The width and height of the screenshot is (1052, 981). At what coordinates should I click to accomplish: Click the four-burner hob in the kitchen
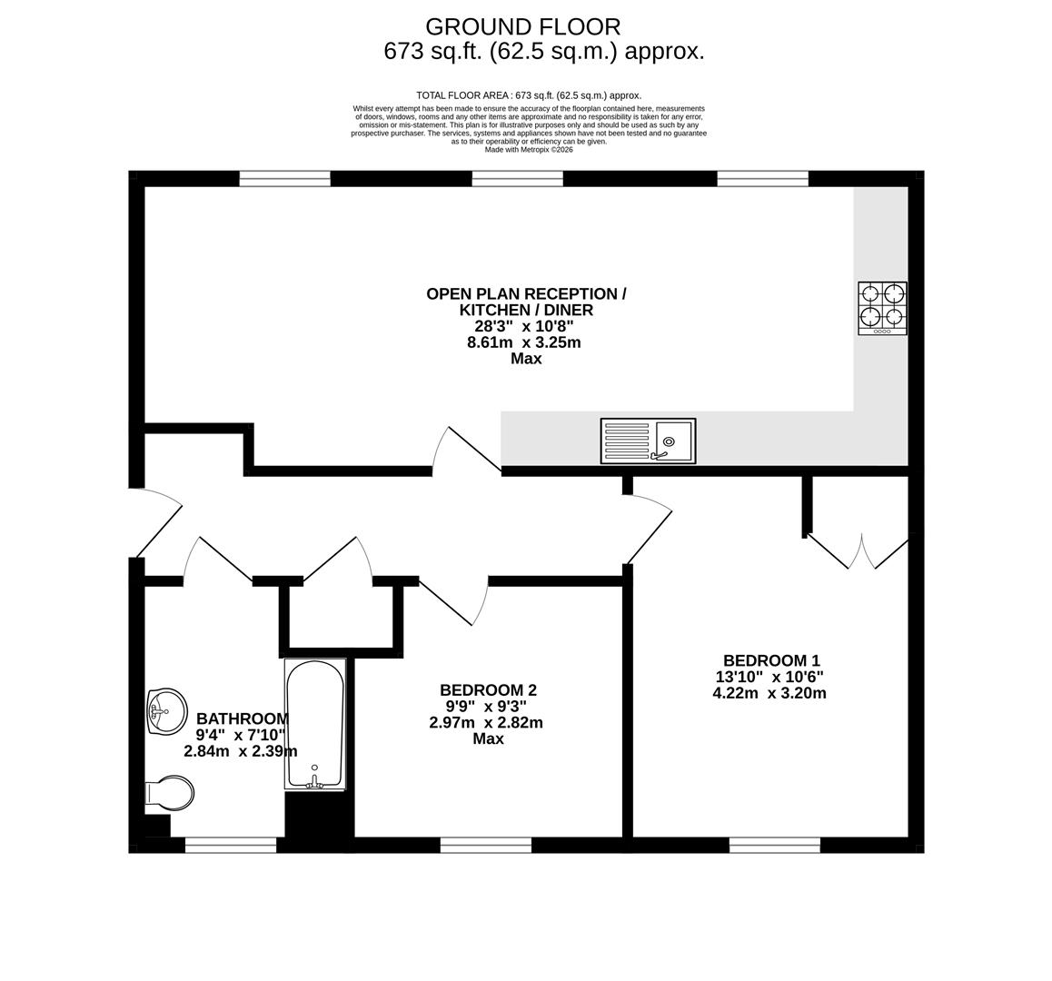(882, 307)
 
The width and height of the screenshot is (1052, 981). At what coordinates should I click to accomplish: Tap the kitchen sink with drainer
(648, 441)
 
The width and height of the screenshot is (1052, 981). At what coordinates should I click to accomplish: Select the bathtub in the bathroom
(315, 724)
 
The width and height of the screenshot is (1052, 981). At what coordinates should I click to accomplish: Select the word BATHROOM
(243, 718)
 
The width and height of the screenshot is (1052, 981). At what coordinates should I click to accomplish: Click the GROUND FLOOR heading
(522, 27)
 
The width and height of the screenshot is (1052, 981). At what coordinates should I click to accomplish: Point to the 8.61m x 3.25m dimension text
(523, 342)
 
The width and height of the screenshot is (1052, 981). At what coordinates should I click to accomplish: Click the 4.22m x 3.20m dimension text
(769, 693)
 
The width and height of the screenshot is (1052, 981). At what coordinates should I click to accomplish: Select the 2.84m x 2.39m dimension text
(240, 751)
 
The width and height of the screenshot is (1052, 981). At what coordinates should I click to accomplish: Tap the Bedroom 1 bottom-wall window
(774, 845)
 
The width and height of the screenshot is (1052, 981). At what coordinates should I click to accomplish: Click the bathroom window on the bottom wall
(231, 845)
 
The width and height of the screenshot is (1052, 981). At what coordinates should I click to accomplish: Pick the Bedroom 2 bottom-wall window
(485, 845)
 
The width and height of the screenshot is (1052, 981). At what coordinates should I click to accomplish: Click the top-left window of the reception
(284, 179)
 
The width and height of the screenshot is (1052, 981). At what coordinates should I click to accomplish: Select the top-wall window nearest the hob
(762, 179)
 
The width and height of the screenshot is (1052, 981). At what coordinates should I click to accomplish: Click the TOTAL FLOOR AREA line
(528, 95)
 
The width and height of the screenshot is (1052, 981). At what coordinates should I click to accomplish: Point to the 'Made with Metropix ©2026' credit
(528, 150)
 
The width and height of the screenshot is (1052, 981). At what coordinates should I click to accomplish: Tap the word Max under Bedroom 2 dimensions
(488, 739)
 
